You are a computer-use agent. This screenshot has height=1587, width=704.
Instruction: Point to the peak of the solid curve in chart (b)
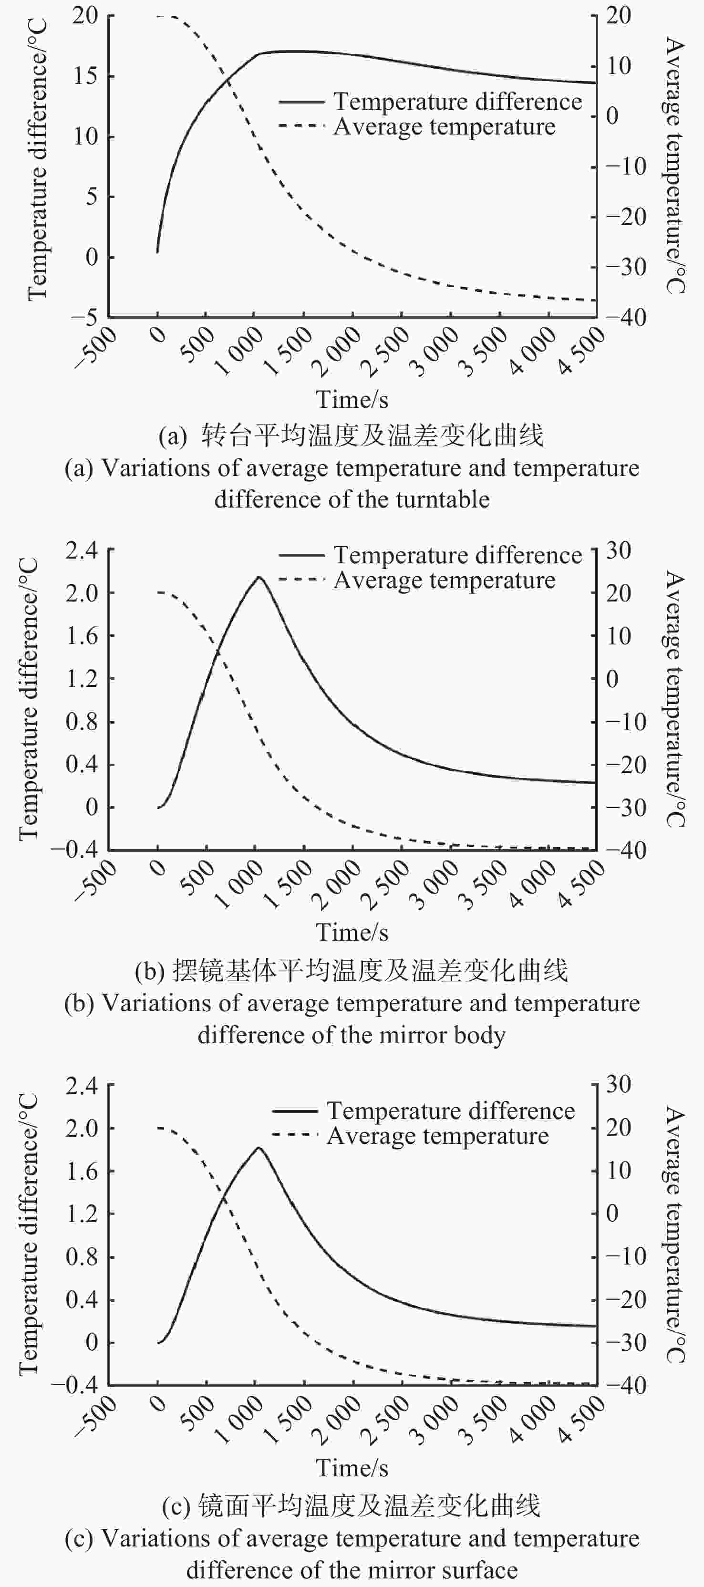point(259,577)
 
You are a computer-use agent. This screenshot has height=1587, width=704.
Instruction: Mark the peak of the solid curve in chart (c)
point(259,1147)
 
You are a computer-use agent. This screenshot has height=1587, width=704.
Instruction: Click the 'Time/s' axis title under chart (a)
point(352,399)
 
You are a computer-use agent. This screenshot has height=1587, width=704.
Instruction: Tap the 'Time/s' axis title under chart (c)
point(352,1468)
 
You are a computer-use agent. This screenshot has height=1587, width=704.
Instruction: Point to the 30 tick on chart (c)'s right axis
point(619,1084)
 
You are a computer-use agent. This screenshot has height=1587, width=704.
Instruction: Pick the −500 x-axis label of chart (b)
point(96,881)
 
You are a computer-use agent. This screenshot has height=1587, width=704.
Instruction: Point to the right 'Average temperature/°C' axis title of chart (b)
point(675,699)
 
